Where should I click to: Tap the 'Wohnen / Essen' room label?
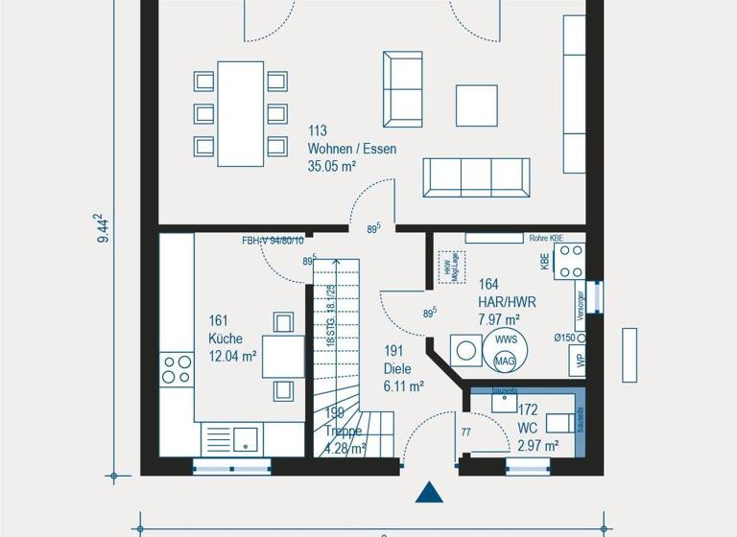tap(351, 149)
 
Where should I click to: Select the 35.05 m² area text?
tap(332, 166)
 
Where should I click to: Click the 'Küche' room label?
tap(226, 339)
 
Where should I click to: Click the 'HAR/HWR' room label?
tap(507, 301)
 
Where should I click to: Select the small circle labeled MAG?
tap(504, 361)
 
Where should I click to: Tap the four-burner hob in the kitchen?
tap(177, 367)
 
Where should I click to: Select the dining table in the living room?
tap(240, 113)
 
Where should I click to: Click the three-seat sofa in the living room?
tap(476, 177)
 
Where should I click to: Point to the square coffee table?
tap(477, 105)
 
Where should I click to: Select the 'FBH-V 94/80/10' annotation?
tap(273, 241)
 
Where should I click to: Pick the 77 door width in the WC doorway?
tap(465, 432)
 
